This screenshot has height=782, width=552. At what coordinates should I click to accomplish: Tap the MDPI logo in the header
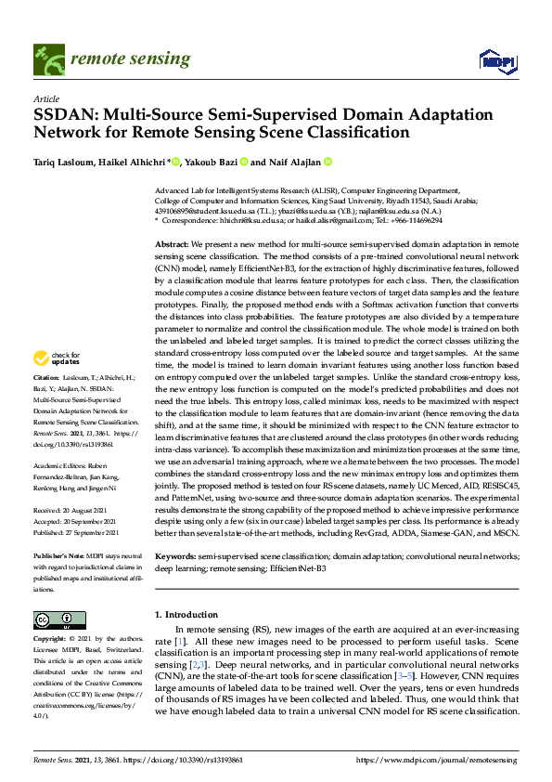(x=497, y=60)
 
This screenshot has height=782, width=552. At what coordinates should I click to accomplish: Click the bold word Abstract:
(x=173, y=241)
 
